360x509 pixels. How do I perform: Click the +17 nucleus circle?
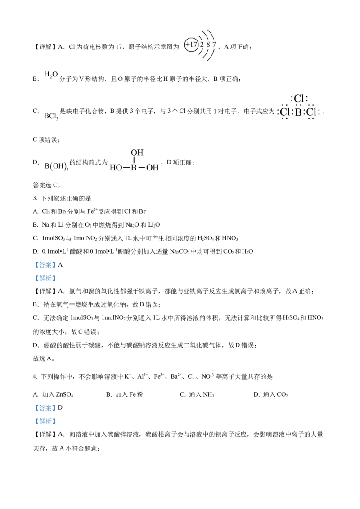[x=191, y=45]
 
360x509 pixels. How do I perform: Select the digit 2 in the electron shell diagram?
[x=202, y=45]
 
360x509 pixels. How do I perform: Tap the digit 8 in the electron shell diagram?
[x=208, y=45]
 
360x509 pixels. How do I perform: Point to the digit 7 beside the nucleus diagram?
[x=214, y=45]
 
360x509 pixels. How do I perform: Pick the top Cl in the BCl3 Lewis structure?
[x=299, y=98]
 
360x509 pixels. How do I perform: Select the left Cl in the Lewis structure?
[x=284, y=112]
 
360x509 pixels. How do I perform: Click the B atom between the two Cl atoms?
[x=298, y=112]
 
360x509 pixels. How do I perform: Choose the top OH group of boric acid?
[x=137, y=153]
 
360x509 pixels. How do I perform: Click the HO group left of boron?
[x=116, y=168]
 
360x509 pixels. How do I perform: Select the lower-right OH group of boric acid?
[x=153, y=168]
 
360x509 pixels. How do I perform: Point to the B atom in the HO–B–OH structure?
[x=133, y=168]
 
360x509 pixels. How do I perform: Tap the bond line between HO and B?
[x=126, y=168]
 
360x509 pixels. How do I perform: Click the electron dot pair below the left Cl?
[x=284, y=119]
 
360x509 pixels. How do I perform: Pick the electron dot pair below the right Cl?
[x=310, y=119]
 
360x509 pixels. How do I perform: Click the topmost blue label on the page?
[x=45, y=265]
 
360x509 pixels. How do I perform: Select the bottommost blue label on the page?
[x=45, y=421]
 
